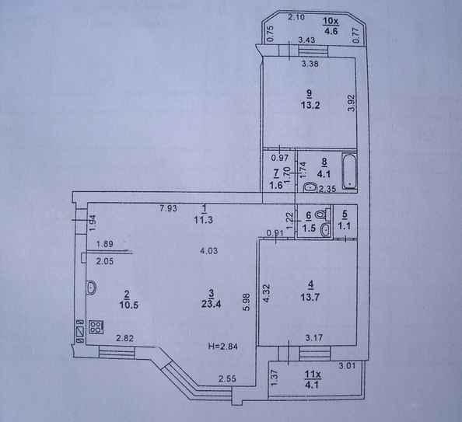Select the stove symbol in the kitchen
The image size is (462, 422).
[96, 328]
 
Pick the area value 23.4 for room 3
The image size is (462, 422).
[211, 305]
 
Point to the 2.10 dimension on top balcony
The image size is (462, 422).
[296, 17]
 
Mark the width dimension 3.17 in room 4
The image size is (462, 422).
[313, 337]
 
